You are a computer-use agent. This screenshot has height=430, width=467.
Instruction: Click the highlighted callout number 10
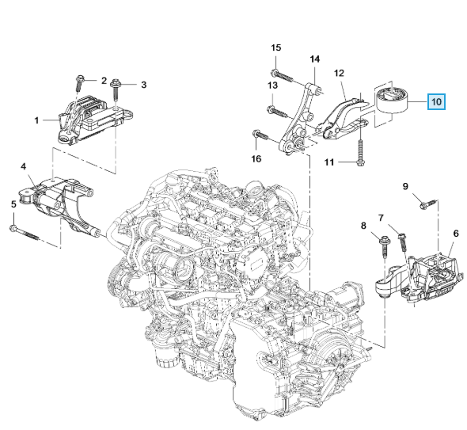[x=436, y=101]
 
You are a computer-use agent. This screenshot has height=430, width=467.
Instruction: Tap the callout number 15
[x=275, y=48]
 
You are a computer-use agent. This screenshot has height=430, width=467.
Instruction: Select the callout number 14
[x=315, y=59]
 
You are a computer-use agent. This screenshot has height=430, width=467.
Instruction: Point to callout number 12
[x=339, y=73]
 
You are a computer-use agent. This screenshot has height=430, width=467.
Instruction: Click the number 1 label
[x=36, y=120]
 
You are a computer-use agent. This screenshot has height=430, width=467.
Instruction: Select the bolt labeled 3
[x=115, y=90]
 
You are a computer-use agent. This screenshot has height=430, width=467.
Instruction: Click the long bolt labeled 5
[x=25, y=234]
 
